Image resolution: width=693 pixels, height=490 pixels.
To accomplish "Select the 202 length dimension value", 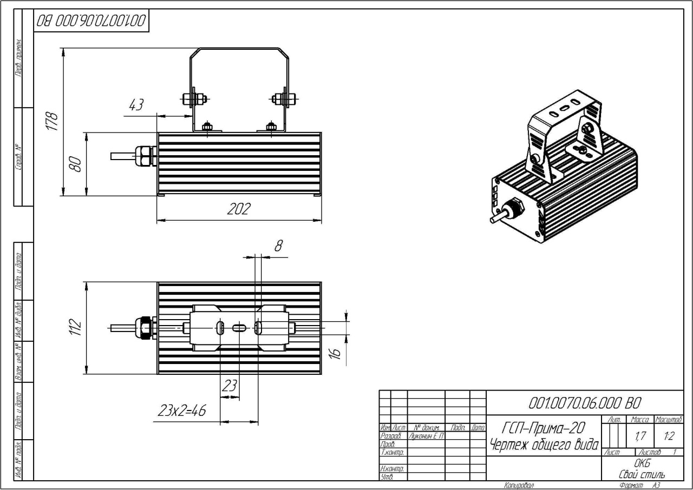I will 239,209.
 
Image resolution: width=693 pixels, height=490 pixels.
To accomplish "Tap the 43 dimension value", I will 135,105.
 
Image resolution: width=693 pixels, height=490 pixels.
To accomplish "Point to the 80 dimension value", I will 76,163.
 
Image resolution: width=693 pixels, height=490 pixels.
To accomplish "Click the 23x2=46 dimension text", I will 181,410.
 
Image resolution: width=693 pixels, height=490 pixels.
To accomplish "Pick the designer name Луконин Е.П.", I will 426,436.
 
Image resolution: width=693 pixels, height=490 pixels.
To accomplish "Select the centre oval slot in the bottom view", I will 239,328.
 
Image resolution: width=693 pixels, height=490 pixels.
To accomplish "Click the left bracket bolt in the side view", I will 194,98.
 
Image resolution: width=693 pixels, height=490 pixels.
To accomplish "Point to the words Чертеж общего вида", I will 544,445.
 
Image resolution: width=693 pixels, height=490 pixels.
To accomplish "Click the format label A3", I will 656,486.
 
